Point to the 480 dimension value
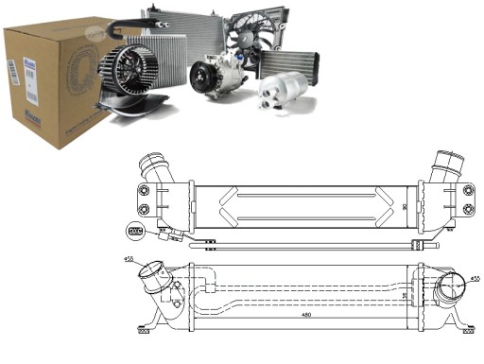click(x=304, y=316)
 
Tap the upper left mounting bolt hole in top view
click(x=144, y=187)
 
